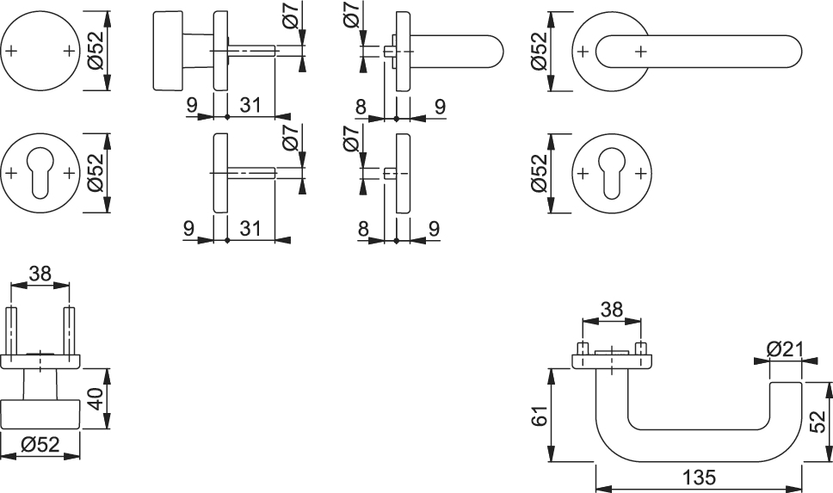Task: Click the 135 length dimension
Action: [698, 477]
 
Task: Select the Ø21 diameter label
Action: [783, 348]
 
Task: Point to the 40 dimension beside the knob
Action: [96, 399]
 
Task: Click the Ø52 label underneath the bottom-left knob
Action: [40, 445]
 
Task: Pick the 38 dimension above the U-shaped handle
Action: [611, 309]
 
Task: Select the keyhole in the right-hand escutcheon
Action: [613, 172]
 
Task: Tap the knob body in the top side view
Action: [176, 52]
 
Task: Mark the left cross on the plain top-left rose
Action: [10, 52]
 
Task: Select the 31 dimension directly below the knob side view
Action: [250, 106]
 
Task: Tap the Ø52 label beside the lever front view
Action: [539, 52]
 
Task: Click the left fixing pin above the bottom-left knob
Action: [13, 328]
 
